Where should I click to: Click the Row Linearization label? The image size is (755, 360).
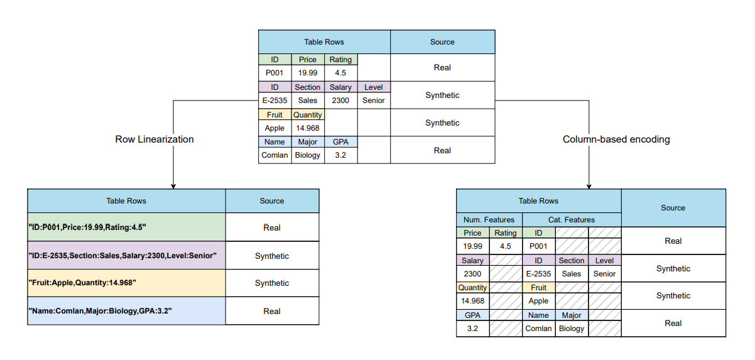(155, 139)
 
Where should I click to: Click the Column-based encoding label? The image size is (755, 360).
(616, 139)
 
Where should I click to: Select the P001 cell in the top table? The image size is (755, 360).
(274, 73)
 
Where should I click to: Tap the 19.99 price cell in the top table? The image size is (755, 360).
(308, 73)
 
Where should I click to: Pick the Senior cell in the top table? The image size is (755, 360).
(374, 101)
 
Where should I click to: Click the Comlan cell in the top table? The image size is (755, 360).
(274, 155)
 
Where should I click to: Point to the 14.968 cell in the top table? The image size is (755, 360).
(308, 128)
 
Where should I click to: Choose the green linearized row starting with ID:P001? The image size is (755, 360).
(126, 227)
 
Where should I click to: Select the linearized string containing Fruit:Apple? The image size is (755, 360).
(126, 283)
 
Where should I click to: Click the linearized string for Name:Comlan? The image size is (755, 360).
(126, 311)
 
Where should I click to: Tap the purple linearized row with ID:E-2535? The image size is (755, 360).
(126, 256)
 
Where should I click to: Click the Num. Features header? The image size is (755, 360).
(489, 220)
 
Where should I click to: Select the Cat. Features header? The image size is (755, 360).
(572, 220)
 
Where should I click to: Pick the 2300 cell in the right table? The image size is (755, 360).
(472, 274)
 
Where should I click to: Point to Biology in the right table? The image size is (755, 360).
(572, 329)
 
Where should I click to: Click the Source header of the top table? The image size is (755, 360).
(442, 42)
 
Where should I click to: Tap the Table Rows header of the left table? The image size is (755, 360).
(126, 201)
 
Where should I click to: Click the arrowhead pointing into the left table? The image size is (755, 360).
(173, 186)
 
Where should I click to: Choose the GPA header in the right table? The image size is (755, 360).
(472, 315)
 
